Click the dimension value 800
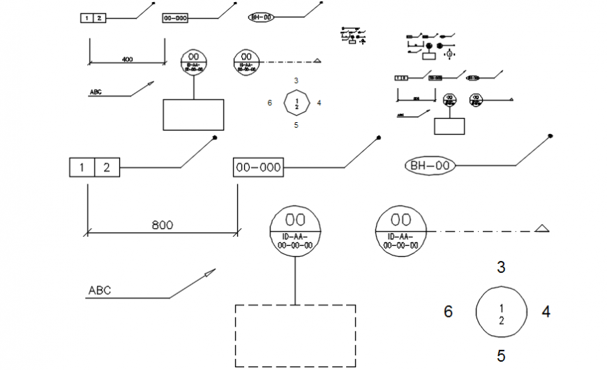click(x=162, y=225)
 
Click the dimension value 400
click(x=127, y=59)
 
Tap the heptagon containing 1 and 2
click(x=297, y=103)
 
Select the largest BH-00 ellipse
click(x=430, y=165)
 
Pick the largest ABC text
click(x=100, y=290)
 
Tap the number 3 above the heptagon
click(x=297, y=81)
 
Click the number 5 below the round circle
click(x=501, y=356)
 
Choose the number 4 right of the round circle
click(x=546, y=312)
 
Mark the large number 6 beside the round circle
click(x=449, y=312)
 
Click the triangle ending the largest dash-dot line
click(x=541, y=228)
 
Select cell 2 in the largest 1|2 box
click(x=107, y=168)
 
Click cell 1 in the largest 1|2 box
click(x=82, y=168)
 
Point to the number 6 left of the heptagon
click(x=269, y=103)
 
